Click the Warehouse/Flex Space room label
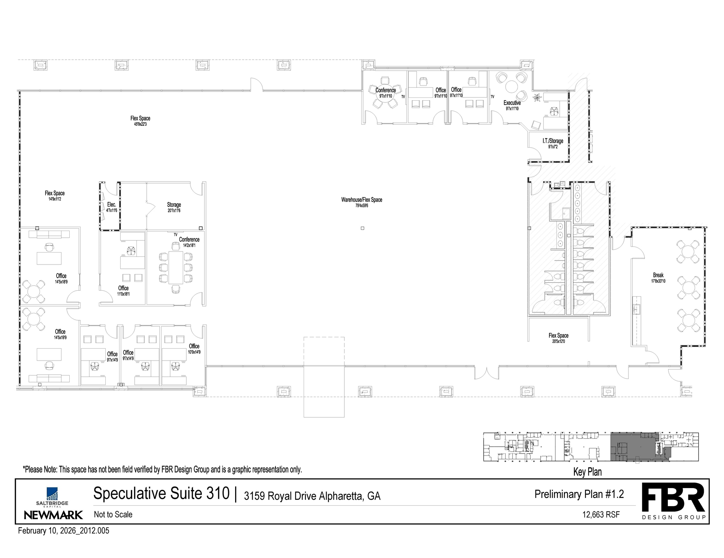[362, 200]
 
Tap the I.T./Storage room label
[553, 141]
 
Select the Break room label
[658, 275]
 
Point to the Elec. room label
[112, 204]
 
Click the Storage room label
[174, 204]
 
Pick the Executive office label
[512, 103]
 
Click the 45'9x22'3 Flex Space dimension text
[140, 124]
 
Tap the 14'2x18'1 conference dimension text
[189, 245]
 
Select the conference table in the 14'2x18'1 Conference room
[176, 267]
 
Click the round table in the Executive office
[511, 87]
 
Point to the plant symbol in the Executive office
[537, 97]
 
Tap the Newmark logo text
[53, 515]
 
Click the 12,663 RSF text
[601, 515]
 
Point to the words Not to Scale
[113, 514]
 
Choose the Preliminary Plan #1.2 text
[579, 494]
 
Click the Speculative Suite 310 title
[161, 493]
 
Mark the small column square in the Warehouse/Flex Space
[362, 228]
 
